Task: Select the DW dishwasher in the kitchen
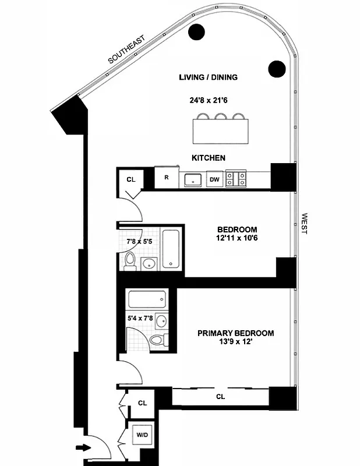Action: (x=214, y=179)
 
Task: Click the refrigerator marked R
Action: (x=166, y=178)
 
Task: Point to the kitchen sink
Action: (x=192, y=179)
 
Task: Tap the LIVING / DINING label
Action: (x=209, y=77)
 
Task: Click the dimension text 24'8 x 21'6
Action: (x=209, y=100)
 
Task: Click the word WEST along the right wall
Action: (x=303, y=223)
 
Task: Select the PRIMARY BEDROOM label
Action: (x=235, y=333)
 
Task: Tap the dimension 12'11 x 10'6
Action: (x=237, y=238)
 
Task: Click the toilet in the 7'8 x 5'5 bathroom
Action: (x=131, y=262)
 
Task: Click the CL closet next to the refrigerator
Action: (x=131, y=179)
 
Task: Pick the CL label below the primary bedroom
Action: (x=220, y=397)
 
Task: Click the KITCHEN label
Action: (x=209, y=158)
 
